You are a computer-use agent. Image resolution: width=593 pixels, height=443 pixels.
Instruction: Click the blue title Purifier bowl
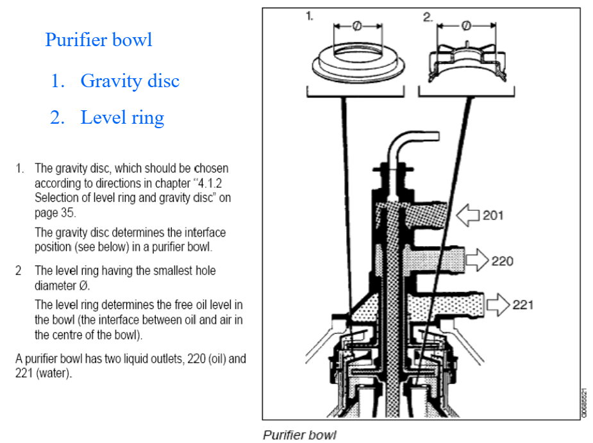click(99, 40)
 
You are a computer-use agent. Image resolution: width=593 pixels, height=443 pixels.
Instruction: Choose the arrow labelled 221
click(497, 305)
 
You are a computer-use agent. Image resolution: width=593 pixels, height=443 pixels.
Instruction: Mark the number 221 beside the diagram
click(522, 305)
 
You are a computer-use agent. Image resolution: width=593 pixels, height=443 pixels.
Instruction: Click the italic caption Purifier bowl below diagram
click(299, 435)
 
